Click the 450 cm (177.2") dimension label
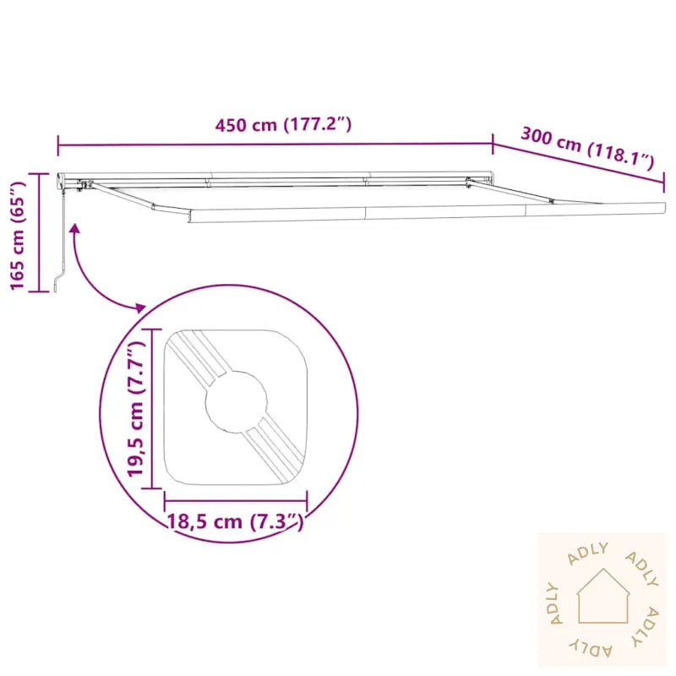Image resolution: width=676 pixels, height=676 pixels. point(283,125)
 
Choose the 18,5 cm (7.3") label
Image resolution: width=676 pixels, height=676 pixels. point(235,521)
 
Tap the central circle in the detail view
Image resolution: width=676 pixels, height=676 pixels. point(236,401)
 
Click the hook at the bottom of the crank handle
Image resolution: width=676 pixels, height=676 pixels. point(56,283)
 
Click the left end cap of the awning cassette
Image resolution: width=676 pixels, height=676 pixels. point(61,179)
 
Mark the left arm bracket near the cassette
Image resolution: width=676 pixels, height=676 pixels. point(83,185)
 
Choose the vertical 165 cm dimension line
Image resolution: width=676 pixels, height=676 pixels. point(39,232)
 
